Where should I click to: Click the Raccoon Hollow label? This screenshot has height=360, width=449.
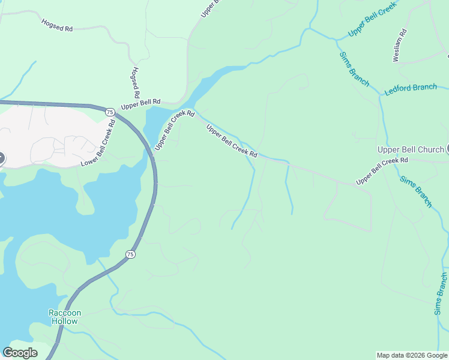(64, 317)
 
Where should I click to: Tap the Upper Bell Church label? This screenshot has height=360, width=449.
(411, 149)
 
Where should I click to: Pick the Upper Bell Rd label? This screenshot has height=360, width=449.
(141, 104)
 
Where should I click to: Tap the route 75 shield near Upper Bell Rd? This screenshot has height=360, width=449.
(110, 112)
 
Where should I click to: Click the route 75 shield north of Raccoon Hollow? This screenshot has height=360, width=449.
(131, 254)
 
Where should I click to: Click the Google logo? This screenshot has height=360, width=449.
(20, 353)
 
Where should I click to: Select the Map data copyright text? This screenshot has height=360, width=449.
(412, 355)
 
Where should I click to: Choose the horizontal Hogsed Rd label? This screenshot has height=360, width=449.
(57, 25)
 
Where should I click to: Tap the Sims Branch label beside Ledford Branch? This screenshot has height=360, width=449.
(354, 69)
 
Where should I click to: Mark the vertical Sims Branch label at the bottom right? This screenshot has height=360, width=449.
(441, 294)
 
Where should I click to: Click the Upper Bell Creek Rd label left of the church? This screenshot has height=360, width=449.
(382, 171)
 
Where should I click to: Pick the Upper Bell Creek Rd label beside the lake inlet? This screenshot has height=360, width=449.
(174, 130)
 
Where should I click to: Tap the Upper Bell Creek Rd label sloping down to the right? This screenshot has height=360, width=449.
(232, 141)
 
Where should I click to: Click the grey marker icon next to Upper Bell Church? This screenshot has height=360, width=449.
(447, 149)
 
